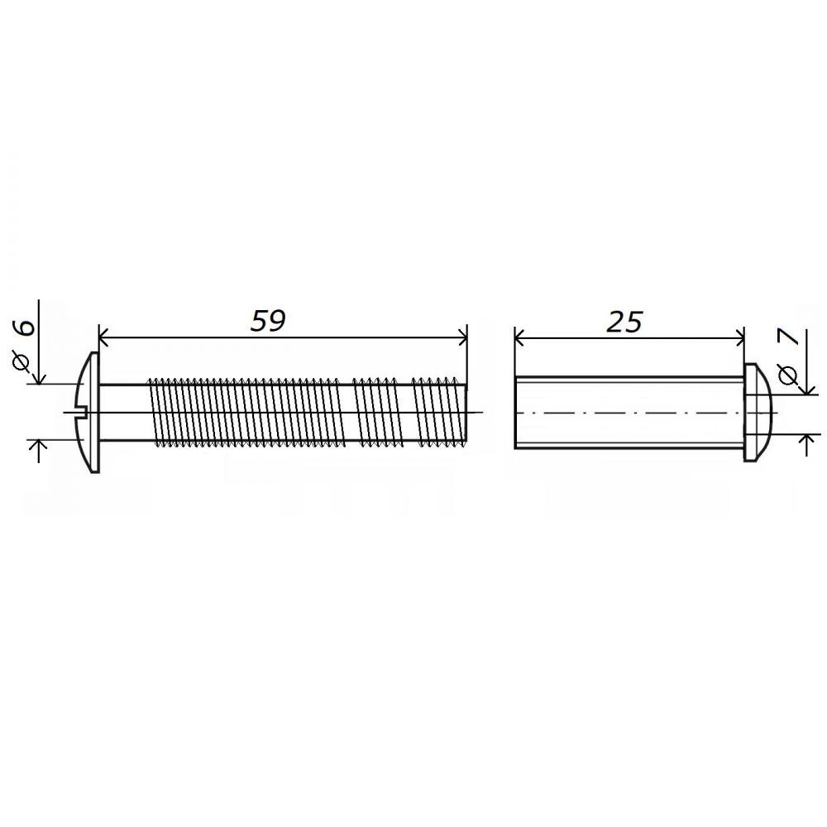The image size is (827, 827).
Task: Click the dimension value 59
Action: pos(268,321)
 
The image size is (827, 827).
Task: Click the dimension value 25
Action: pos(624,321)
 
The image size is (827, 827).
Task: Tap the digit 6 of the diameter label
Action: pos(25,327)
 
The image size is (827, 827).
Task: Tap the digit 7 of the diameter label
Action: pos(790,342)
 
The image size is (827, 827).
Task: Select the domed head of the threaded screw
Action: pos(88,412)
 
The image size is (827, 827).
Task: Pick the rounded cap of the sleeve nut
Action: pos(758,412)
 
